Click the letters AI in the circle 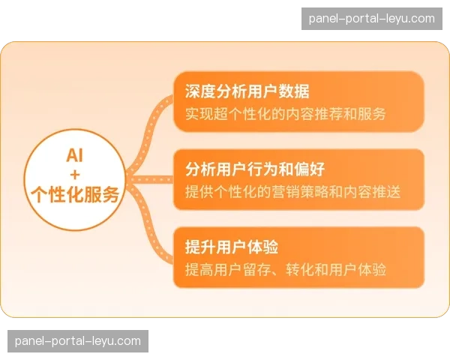click(74, 155)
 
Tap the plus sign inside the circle click(75, 175)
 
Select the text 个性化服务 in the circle click(75, 194)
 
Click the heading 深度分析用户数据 click(247, 91)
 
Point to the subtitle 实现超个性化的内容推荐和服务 click(285, 114)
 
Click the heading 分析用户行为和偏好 click(255, 169)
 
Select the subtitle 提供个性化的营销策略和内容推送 click(292, 191)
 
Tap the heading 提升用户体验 click(232, 247)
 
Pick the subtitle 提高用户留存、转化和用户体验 click(286, 269)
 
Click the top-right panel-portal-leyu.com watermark click(372, 19)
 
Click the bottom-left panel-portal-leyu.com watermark click(78, 341)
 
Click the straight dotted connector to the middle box click(150, 180)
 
